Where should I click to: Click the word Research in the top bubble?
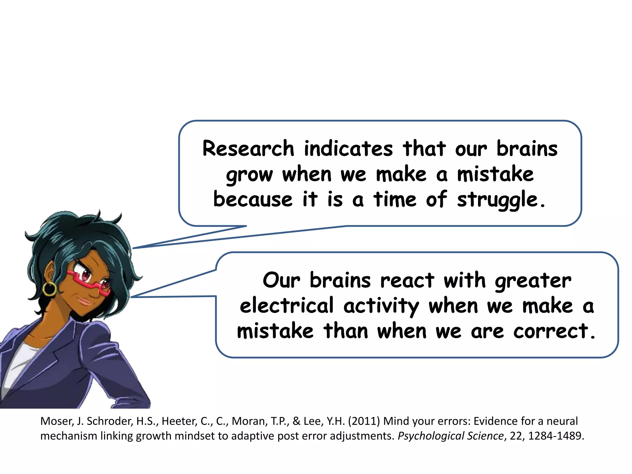click(x=248, y=148)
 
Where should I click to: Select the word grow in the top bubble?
click(x=249, y=175)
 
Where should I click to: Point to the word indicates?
click(x=348, y=148)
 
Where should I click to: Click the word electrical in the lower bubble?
click(x=287, y=306)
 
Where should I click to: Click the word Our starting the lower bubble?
click(x=281, y=281)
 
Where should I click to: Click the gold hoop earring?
click(x=49, y=289)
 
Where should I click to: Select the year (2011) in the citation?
click(x=364, y=421)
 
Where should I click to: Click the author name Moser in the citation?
click(x=56, y=421)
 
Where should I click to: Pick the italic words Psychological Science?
click(x=451, y=436)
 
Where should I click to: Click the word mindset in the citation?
click(x=193, y=436)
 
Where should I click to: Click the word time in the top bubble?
click(x=395, y=199)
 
